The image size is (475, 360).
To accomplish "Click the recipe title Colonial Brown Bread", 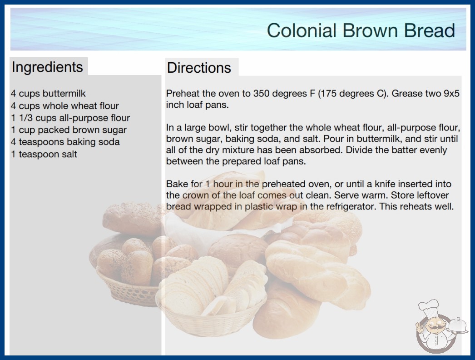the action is [361, 30].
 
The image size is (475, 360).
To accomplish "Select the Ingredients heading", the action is [47, 67].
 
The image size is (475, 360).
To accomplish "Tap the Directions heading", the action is [199, 68].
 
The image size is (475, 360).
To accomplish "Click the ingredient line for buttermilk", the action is [48, 94].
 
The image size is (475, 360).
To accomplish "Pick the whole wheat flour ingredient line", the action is [65, 105].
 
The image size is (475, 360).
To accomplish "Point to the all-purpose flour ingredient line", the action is [70, 118].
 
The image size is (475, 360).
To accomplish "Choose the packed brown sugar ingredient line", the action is [69, 130].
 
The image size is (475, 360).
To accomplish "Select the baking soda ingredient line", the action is [65, 142].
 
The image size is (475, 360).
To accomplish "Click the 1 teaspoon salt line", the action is [44, 154].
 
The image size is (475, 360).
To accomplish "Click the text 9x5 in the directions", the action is [452, 94].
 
